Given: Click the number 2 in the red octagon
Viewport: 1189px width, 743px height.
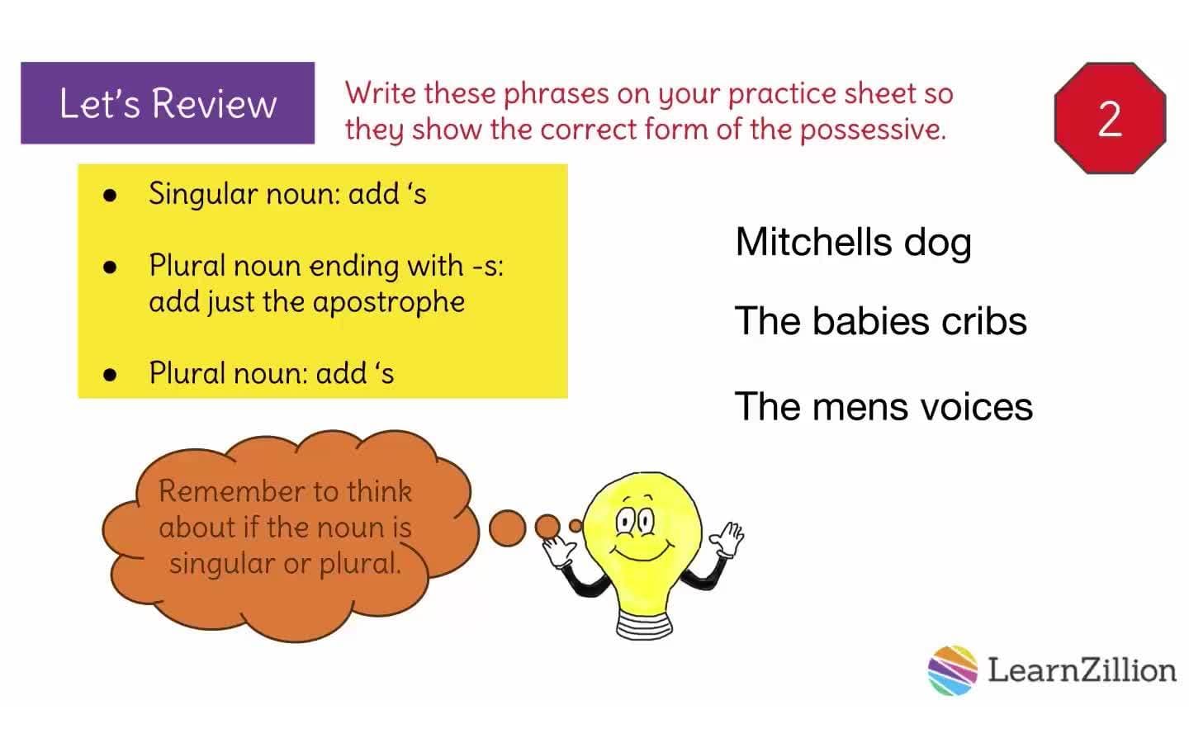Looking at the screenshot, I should [x=1110, y=118].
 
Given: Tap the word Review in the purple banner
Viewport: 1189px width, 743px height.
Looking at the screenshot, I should [x=214, y=104].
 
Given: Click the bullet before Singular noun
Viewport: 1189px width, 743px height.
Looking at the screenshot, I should [x=110, y=196].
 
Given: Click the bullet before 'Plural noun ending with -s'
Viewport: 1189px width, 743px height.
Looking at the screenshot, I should [x=110, y=267].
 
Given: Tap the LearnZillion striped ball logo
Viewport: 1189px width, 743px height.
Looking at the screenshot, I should [x=952, y=670].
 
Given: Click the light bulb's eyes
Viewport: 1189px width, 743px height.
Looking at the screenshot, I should [x=635, y=521].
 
